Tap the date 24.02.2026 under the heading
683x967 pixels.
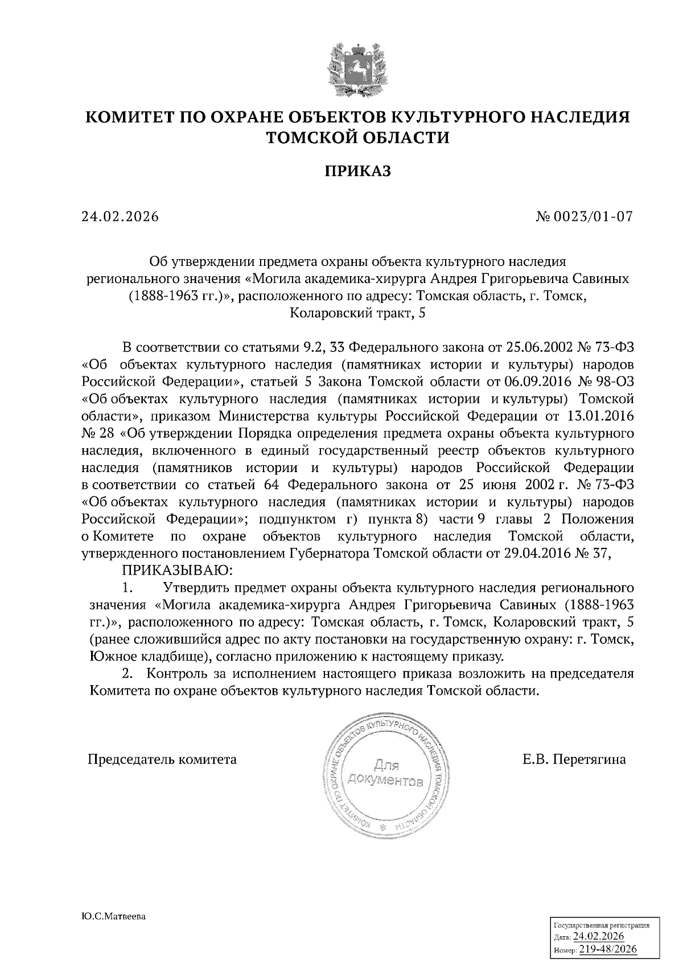coord(120,217)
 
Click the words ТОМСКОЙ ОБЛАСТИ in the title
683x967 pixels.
coord(358,137)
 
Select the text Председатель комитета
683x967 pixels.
coord(162,759)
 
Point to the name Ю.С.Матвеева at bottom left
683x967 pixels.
coord(114,917)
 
